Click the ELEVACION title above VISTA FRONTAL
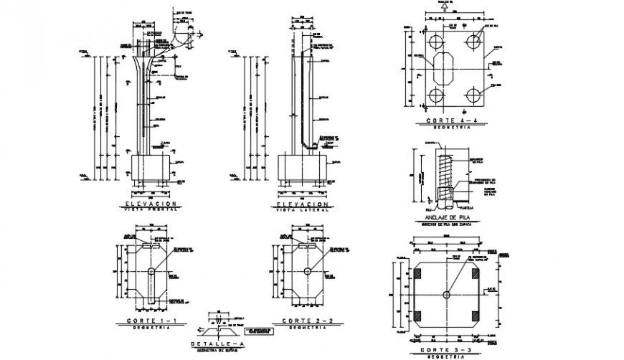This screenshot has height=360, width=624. point(151,204)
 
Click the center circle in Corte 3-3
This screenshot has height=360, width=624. point(447,295)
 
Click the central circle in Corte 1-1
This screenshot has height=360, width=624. point(152,271)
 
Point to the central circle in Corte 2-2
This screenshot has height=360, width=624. point(307,271)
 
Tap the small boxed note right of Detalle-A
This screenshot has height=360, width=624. point(260,332)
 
